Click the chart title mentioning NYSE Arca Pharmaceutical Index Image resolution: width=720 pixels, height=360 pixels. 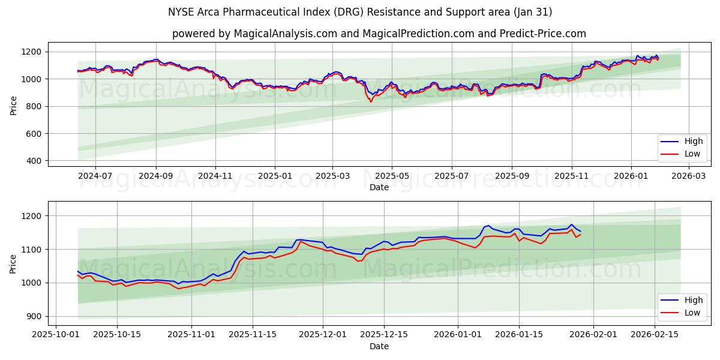point(360,12)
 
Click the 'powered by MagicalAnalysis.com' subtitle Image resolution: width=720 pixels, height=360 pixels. point(379,34)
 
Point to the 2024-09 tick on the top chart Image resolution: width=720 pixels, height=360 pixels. point(156,176)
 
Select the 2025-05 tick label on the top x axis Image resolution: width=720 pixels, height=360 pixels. point(392,176)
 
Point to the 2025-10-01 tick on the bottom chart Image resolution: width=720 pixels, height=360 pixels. point(56,335)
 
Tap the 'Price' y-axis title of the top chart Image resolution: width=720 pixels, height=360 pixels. point(14,104)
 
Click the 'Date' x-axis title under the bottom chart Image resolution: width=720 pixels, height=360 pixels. point(379,346)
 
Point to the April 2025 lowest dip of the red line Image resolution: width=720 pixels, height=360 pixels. point(370,101)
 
